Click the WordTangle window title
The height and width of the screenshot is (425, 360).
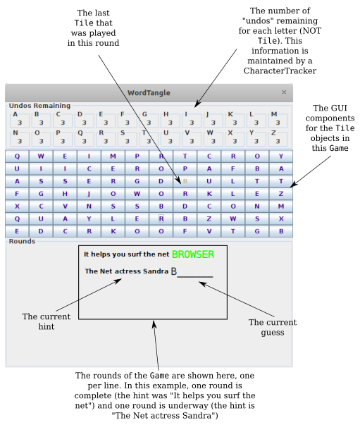coord(149,92)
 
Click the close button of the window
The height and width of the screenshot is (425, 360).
coord(284,92)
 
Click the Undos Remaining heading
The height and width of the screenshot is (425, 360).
coord(39,106)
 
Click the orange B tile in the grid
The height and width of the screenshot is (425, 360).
coord(185,181)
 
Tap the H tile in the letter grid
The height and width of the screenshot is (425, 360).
coord(66,193)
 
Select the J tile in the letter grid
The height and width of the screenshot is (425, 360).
coord(89,193)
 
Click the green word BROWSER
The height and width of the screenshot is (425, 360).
coord(192,254)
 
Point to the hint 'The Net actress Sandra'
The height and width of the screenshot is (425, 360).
coord(126,271)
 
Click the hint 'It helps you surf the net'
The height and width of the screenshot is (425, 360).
coord(126,254)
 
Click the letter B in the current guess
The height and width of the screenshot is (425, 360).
coord(173,272)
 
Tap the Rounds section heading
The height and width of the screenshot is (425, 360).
coord(21,241)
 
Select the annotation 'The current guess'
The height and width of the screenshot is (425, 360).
coord(272,327)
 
